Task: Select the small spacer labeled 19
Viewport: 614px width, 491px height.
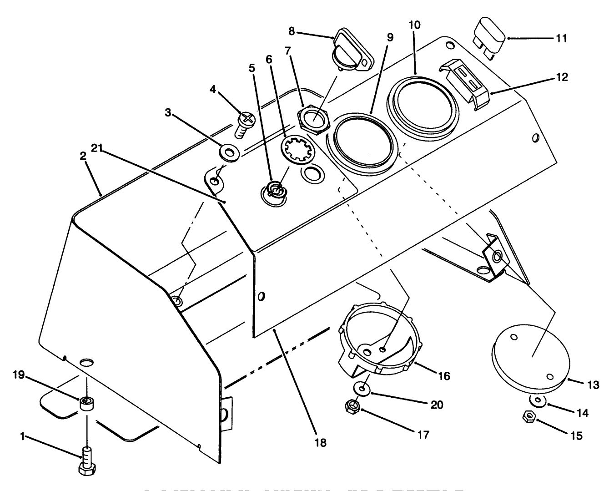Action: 87,403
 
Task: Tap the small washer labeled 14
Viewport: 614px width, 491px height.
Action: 538,400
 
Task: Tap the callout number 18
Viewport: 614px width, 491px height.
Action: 321,442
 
